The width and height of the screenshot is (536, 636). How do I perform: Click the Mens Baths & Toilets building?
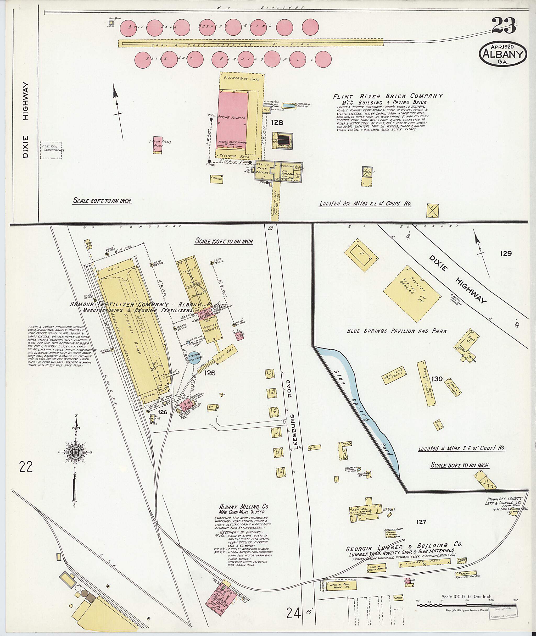click(x=394, y=377)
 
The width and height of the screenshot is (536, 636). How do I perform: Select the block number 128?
click(x=277, y=122)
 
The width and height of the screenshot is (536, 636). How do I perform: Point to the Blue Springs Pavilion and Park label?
click(x=397, y=331)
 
